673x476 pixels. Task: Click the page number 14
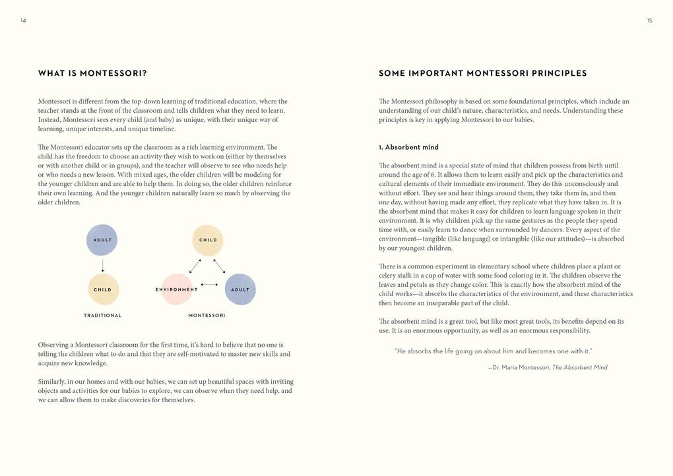point(23,20)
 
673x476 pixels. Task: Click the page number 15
point(649,20)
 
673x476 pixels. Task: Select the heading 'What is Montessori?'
point(92,73)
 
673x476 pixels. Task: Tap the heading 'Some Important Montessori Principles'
point(482,73)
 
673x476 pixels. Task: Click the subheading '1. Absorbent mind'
point(408,147)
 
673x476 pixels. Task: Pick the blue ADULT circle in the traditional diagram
point(102,240)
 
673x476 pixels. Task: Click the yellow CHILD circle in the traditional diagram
point(103,289)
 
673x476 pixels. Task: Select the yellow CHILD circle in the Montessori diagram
point(208,240)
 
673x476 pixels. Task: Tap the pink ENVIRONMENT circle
point(177,289)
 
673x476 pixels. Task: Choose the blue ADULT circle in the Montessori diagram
point(240,289)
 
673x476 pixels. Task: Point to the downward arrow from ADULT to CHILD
point(103,265)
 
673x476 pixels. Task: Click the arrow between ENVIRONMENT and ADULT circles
point(208,285)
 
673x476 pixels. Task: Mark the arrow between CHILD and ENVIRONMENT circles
point(195,266)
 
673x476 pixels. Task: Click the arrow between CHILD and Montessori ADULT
point(220,266)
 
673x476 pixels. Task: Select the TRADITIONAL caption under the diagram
point(103,316)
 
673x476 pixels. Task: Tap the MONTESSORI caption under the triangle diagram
point(207,316)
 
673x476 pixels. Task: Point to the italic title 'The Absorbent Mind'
point(579,368)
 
